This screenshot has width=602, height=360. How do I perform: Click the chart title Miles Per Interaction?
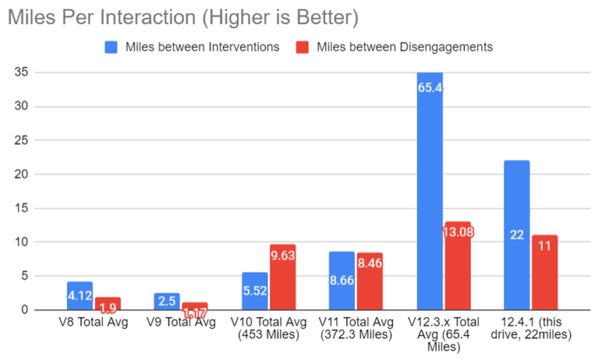click(181, 16)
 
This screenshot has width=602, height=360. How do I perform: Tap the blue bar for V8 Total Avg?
click(80, 296)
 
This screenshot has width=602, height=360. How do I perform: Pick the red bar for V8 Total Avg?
click(108, 304)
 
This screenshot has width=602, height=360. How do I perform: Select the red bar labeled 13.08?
click(457, 266)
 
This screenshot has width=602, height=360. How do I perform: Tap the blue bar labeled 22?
click(516, 235)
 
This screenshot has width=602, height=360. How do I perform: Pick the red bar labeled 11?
click(545, 273)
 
